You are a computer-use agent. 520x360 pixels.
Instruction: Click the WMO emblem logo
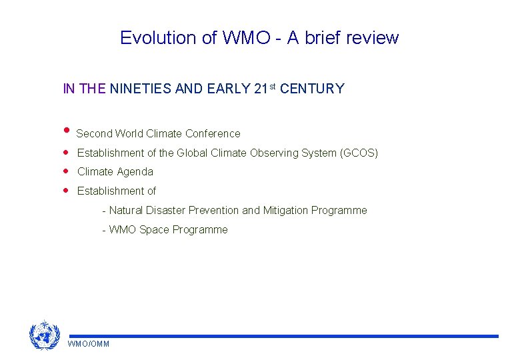45,335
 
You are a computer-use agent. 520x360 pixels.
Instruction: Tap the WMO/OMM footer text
89,344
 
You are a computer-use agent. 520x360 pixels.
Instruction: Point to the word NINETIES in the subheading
140,89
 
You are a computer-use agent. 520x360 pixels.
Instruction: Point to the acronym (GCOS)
359,153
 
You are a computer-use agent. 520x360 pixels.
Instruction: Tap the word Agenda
135,172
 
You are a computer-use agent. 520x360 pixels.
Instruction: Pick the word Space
154,230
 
